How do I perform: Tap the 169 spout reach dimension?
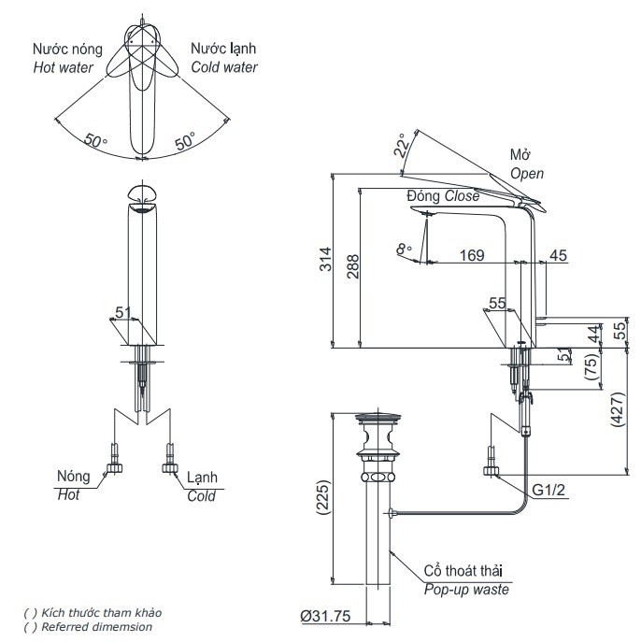point(473,255)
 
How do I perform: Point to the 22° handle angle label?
point(401,146)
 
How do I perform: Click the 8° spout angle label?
point(404,250)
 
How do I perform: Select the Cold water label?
point(224,67)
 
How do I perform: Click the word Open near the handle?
point(526,174)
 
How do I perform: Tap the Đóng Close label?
point(442,196)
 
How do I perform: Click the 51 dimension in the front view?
point(121,312)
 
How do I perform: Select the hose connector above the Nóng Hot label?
point(115,459)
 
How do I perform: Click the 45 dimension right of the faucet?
point(559,255)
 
